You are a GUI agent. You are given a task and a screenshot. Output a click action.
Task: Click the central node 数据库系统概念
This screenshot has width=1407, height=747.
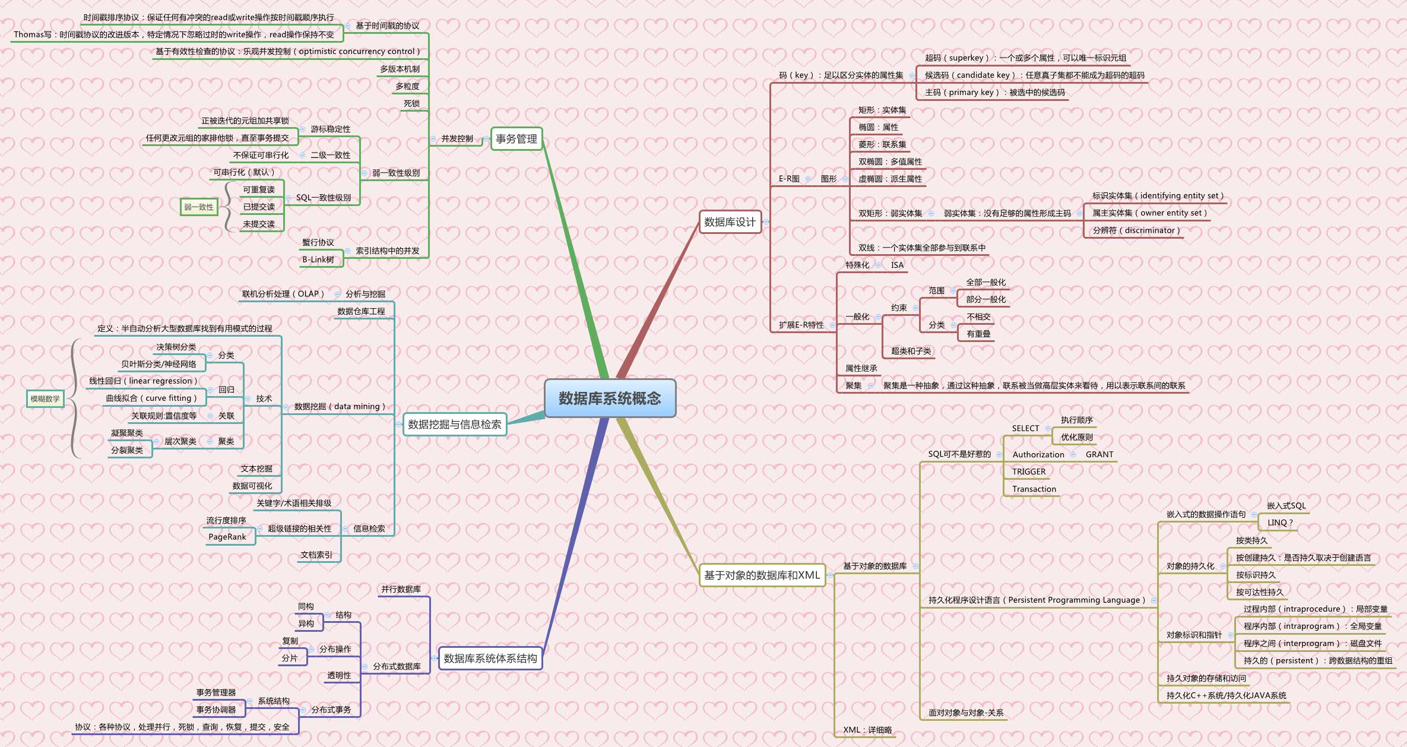coord(610,398)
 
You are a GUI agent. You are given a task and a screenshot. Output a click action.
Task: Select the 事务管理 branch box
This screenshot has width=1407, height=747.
coord(516,139)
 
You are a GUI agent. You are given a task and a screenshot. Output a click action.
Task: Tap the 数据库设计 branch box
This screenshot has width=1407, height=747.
coord(730,222)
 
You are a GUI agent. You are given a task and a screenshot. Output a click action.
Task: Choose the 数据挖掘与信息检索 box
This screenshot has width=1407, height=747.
coord(454,425)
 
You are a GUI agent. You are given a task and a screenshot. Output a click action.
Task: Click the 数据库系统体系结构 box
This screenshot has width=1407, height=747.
coord(490,659)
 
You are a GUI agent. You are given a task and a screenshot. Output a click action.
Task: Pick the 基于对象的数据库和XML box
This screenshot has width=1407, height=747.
coord(762,575)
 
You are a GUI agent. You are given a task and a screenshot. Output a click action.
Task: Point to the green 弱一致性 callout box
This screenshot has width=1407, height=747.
coord(199,207)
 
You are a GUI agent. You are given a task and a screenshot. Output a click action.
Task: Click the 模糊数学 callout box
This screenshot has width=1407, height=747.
coord(45,399)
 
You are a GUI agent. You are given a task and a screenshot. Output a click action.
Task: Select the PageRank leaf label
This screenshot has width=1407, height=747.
coord(227,537)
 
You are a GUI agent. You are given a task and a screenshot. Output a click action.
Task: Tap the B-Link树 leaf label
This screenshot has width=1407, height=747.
coord(318,259)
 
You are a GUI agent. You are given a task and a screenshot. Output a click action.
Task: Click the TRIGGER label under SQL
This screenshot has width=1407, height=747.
coord(1029,471)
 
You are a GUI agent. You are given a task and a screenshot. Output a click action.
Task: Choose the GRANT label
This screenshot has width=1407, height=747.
coord(1099,454)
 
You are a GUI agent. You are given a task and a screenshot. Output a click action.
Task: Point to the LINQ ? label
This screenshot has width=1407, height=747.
coord(1280,523)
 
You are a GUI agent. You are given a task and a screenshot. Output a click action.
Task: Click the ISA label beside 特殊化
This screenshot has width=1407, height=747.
coord(897,265)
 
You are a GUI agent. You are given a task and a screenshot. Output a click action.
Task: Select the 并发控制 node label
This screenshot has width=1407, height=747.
coord(457,139)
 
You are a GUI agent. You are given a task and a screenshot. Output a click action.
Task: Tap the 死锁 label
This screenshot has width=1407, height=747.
coord(411,103)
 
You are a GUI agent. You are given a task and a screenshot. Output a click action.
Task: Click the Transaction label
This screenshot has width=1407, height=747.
coord(1034,489)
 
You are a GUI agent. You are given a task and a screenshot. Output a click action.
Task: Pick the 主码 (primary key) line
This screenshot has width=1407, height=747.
coord(994,92)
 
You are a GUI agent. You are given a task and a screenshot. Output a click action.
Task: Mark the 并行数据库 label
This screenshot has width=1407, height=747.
coord(401,589)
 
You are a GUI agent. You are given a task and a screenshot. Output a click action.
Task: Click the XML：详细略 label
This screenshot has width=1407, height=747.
coord(867,730)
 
